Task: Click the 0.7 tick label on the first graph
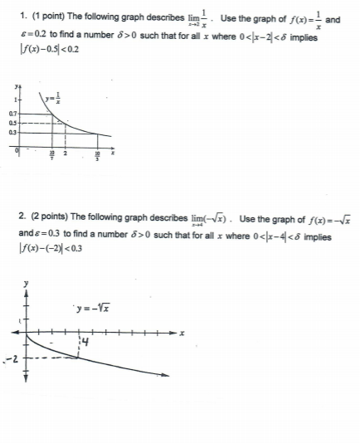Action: pos(12,111)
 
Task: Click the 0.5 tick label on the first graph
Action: pos(12,122)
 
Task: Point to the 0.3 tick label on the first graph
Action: pos(12,131)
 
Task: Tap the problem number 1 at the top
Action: pos(22,17)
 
